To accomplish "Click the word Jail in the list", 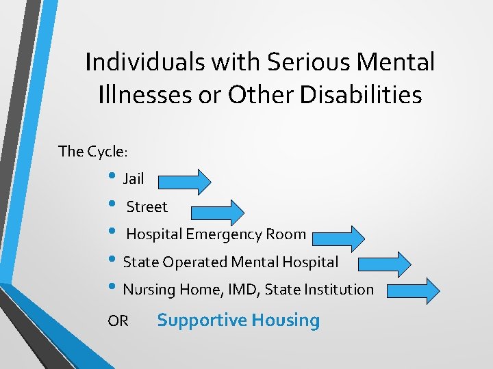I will point(133,179).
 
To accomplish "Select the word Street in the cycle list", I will point(147,206).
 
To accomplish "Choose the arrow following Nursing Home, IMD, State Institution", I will point(414,290).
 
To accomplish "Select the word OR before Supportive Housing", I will point(118,321).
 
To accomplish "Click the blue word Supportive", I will point(201,320).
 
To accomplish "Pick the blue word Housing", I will point(285,320).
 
